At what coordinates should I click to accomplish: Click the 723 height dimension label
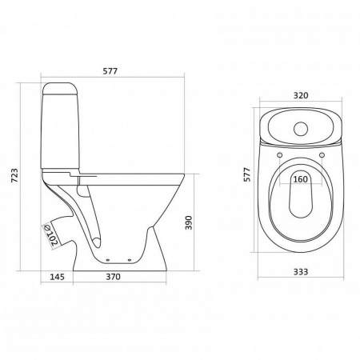[15, 175]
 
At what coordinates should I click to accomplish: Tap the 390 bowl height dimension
[189, 222]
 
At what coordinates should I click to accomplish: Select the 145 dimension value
[58, 277]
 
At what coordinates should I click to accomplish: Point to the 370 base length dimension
[114, 277]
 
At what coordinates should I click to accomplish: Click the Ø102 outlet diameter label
[50, 235]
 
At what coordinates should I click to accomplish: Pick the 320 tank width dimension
[301, 95]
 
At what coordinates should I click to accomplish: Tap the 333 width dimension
[301, 272]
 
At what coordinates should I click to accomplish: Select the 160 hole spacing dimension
[301, 179]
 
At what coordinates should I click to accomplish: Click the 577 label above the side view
[110, 71]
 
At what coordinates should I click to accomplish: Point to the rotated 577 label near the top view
[247, 174]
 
